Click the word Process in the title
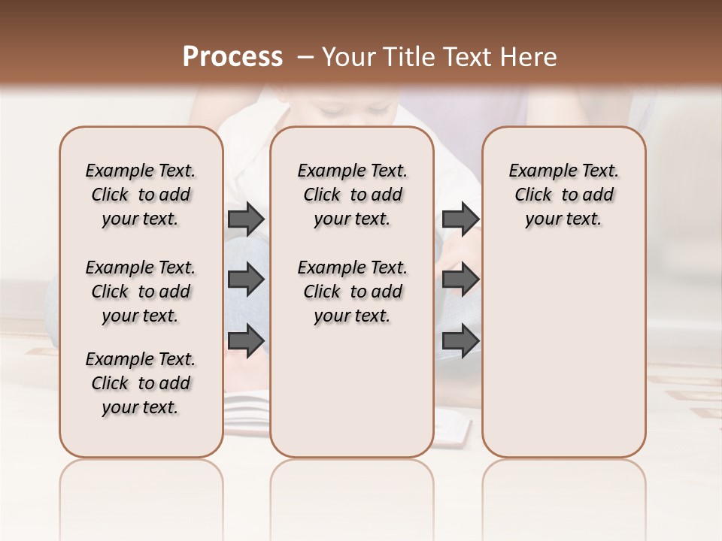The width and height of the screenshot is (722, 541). (232, 56)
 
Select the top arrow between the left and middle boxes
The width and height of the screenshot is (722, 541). (246, 219)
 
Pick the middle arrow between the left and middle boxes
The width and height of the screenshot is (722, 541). (246, 280)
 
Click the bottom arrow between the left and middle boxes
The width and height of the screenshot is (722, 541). (246, 340)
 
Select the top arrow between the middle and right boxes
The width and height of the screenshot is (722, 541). (460, 219)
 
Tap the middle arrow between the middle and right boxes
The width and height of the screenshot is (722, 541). (460, 280)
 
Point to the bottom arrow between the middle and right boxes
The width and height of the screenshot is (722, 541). (460, 340)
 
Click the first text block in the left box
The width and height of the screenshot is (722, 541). (141, 195)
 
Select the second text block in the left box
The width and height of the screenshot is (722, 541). (141, 292)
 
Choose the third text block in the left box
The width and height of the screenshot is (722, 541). (141, 383)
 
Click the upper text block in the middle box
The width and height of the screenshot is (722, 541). (352, 195)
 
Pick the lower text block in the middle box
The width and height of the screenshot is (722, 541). (352, 292)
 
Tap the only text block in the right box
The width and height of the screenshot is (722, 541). (564, 195)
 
